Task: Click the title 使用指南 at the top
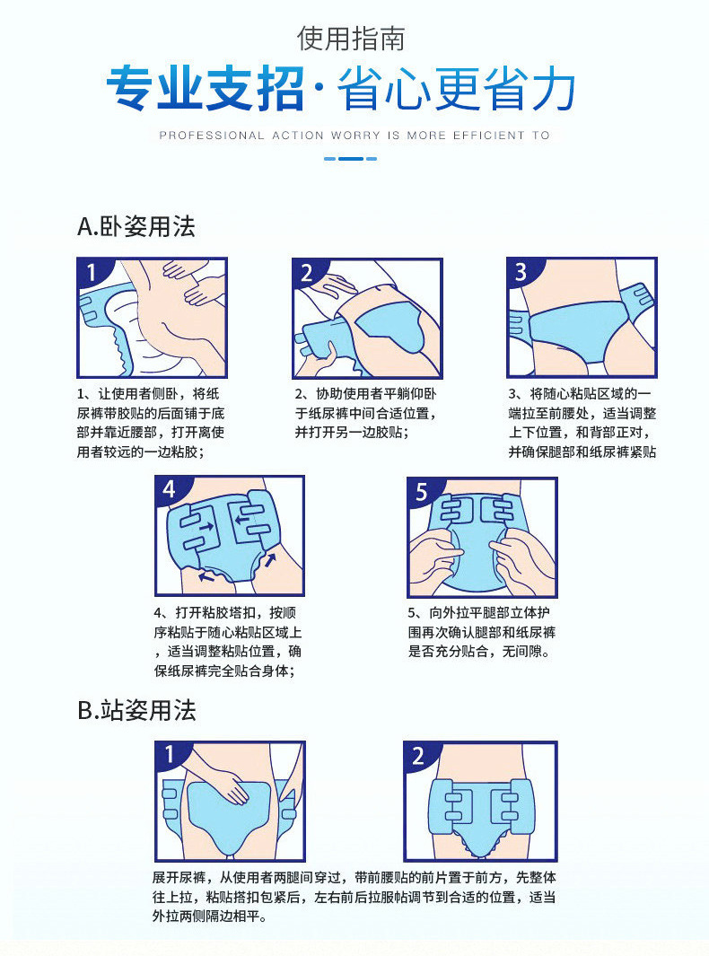(x=352, y=39)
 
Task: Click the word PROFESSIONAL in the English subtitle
(x=211, y=136)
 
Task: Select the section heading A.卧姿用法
(x=136, y=226)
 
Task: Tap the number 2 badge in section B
(x=419, y=756)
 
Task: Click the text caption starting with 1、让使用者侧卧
(x=150, y=423)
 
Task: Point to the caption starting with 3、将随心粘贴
(x=582, y=423)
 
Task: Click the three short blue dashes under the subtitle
(x=350, y=159)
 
